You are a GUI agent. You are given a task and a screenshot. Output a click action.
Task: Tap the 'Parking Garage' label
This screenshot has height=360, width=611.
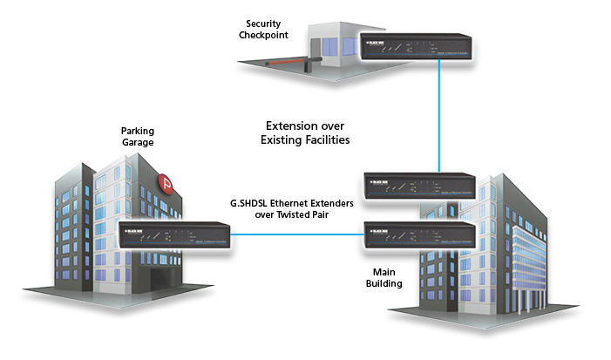click(x=137, y=138)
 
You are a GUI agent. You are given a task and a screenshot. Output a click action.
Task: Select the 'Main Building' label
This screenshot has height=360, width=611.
click(x=384, y=275)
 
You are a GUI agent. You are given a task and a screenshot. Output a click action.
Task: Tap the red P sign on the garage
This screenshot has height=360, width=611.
click(x=168, y=184)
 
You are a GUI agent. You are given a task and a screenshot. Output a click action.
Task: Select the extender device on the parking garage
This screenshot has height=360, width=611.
click(x=174, y=235)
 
